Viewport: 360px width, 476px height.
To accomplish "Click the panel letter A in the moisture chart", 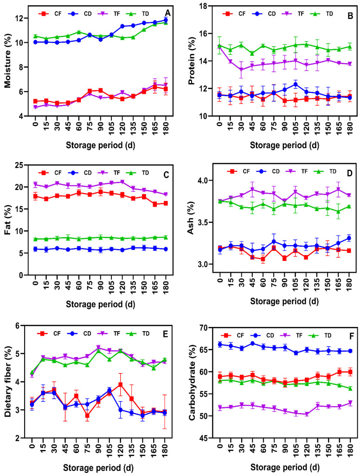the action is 167,13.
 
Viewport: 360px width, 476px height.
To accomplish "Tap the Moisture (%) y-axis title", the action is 7,62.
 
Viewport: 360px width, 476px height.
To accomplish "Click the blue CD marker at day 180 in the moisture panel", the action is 166,20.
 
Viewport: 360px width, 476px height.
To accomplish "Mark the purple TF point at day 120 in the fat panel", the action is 122,182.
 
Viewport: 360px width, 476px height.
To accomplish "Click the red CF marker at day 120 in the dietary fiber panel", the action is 121,385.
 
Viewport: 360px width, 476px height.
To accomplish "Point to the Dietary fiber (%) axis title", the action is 7,382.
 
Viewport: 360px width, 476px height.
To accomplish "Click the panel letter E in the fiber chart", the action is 165,334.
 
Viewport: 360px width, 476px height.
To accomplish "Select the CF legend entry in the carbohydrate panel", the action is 232,335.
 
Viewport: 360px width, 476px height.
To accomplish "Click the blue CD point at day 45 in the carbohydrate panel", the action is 252,343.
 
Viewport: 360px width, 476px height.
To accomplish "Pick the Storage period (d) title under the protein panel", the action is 284,145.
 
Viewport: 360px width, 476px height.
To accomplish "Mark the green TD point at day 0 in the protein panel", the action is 219,46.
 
